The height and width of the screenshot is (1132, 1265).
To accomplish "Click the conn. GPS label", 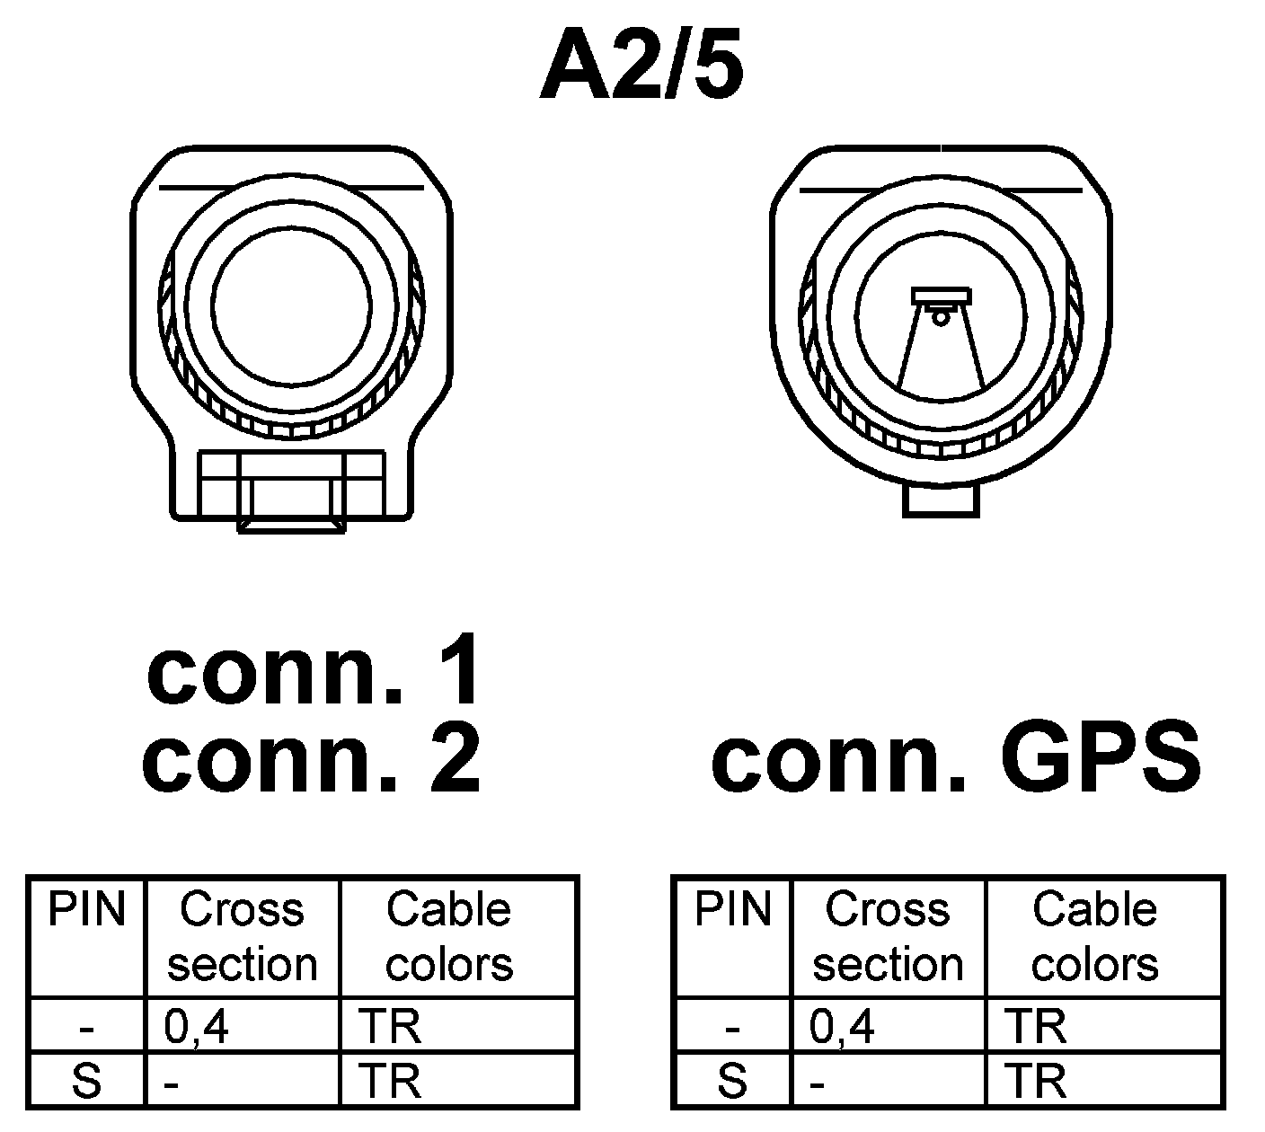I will click(x=955, y=759).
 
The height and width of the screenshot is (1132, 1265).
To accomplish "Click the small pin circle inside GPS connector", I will click(x=941, y=316).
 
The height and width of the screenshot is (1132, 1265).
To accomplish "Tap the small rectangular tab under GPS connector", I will click(x=940, y=500).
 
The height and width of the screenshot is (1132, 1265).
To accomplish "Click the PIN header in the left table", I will click(x=86, y=909).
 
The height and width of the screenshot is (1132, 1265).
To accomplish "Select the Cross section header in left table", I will click(x=243, y=936).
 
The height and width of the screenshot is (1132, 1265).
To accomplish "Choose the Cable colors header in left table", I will click(x=448, y=936).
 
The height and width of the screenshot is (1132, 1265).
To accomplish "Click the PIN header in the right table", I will click(x=733, y=909).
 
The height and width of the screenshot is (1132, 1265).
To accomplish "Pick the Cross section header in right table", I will click(x=888, y=936).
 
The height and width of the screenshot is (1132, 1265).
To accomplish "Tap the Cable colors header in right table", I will click(x=1094, y=936).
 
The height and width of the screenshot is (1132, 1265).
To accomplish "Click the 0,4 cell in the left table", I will click(x=197, y=1026).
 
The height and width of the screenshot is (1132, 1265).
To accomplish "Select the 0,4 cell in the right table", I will click(x=842, y=1026).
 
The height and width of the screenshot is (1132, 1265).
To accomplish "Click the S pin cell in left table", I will click(x=86, y=1081).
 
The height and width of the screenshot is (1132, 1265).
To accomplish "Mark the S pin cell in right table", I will click(x=733, y=1081).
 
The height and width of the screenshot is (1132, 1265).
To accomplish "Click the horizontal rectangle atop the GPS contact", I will click(x=941, y=296).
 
